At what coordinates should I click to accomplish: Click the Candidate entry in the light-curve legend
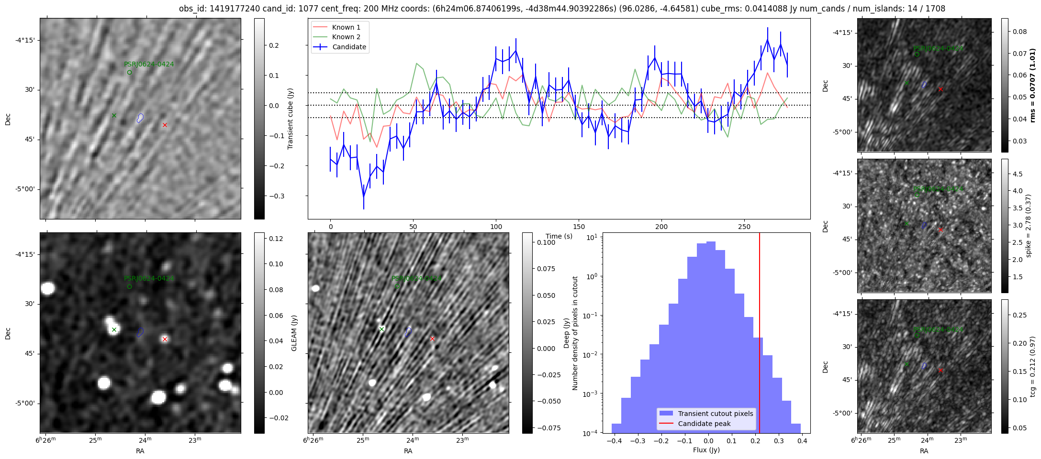349,47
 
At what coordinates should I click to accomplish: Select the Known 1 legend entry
346,27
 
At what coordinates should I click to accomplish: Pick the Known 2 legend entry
346,37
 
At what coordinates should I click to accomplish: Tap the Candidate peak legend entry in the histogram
704,424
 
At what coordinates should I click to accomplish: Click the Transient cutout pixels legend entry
715,414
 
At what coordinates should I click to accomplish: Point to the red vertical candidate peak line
760,335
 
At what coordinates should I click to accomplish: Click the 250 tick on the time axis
744,227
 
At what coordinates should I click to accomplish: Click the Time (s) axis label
559,236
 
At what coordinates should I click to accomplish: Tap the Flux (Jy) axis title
706,450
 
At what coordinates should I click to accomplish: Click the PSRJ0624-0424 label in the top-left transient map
149,64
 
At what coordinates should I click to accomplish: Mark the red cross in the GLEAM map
165,339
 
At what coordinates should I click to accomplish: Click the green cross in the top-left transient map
114,115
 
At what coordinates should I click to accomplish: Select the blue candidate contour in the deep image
408,332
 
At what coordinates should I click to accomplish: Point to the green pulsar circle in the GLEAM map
129,286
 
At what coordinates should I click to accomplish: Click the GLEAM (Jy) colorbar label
294,333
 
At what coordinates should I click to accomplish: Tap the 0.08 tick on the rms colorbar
1019,32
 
